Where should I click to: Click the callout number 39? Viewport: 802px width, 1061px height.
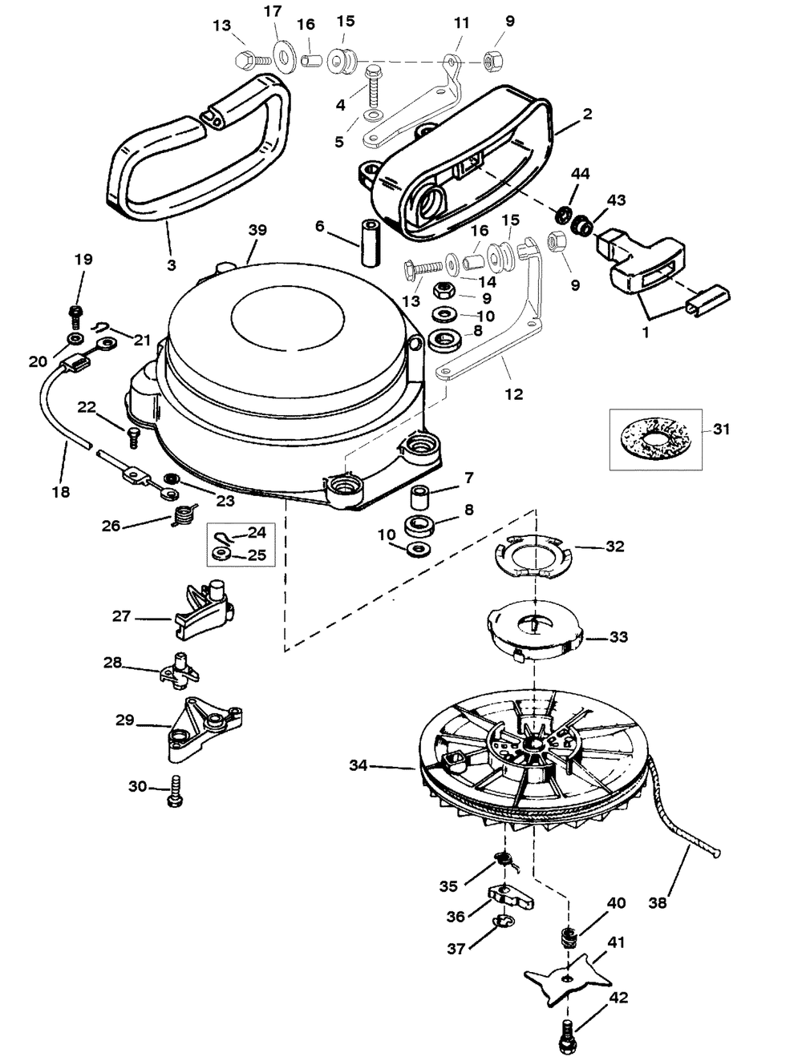pos(257,230)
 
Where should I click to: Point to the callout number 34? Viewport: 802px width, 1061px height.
pos(358,765)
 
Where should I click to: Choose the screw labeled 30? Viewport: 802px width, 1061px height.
pos(176,791)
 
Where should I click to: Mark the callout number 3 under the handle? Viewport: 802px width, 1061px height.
pos(172,265)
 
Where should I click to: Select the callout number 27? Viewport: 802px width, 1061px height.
pos(121,615)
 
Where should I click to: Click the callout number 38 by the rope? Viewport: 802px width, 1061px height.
pos(658,902)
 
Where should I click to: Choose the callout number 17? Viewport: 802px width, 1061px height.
pos(273,11)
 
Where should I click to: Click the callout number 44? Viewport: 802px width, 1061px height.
pos(581,174)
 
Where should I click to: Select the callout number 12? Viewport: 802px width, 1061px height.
pos(514,394)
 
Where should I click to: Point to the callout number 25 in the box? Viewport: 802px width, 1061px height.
pos(257,555)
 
